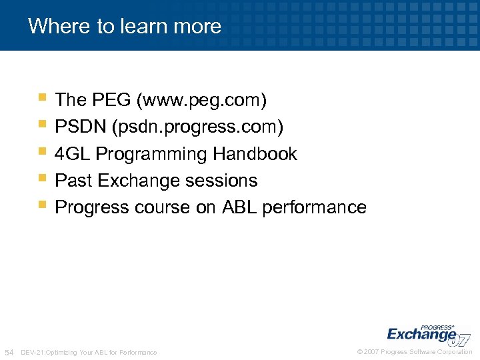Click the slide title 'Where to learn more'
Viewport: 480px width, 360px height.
125,26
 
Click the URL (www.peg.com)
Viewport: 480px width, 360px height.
201,101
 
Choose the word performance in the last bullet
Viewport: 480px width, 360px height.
314,207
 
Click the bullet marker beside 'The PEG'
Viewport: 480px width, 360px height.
42,98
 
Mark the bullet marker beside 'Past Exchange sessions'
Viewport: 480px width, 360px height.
42,179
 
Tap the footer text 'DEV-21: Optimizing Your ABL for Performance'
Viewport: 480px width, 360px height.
89,352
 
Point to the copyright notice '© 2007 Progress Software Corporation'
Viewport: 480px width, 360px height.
415,352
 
